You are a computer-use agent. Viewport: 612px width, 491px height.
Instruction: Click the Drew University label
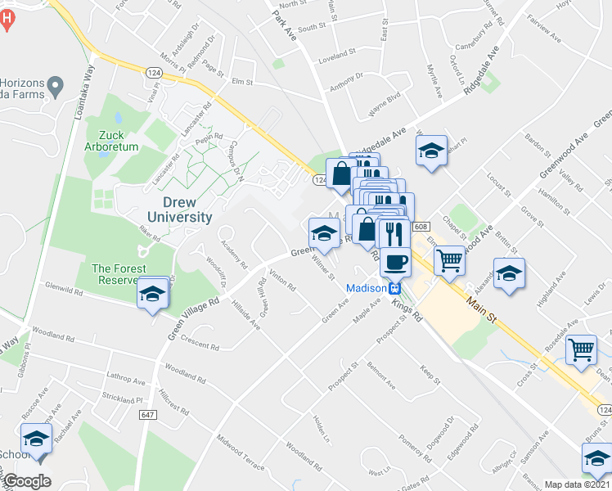[x=180, y=209]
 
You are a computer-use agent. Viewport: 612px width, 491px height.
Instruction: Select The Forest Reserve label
[x=119, y=274]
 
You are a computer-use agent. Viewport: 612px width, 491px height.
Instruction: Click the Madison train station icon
[x=394, y=288]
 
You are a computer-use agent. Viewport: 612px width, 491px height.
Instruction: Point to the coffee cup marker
[x=395, y=262]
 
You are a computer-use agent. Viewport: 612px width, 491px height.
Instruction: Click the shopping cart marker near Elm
[x=449, y=260]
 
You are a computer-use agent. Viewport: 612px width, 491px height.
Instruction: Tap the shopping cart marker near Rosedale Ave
[x=581, y=349]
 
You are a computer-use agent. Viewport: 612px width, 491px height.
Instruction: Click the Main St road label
[x=484, y=307]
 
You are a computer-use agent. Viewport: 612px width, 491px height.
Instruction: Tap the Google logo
[x=27, y=480]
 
